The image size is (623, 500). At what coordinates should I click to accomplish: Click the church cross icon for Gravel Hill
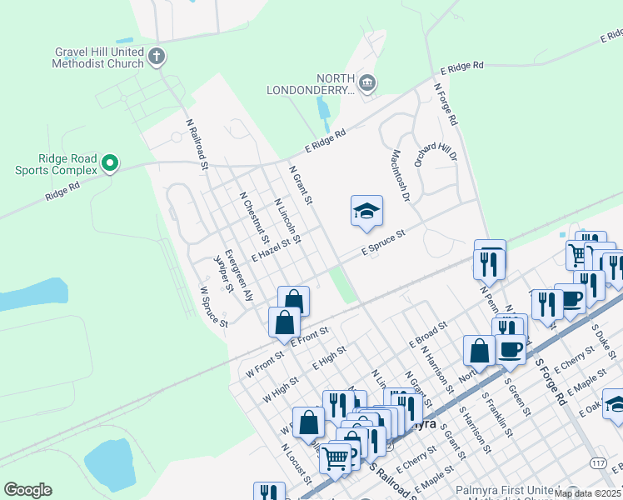(157, 57)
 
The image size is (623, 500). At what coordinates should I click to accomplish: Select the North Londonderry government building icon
(366, 82)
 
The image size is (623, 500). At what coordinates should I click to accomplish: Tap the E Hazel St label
(274, 248)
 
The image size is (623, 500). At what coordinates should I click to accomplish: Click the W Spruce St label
(214, 307)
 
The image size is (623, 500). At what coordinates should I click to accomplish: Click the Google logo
(27, 490)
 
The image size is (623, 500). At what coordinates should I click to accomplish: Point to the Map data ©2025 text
(586, 493)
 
